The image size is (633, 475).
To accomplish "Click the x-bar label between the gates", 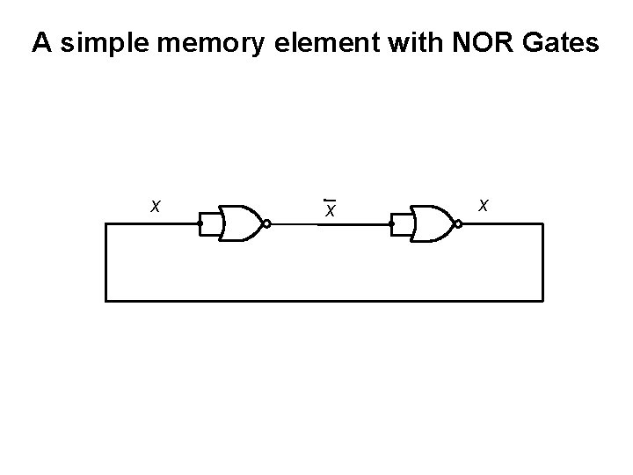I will (329, 209).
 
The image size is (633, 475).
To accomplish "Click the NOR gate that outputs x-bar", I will (240, 224).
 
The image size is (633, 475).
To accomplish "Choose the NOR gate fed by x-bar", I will (432, 224).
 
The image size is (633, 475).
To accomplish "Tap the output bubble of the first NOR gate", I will (266, 224).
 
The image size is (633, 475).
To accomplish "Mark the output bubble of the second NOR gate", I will (458, 224).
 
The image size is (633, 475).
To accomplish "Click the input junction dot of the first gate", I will (200, 224).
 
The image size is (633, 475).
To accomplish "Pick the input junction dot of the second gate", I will (392, 224).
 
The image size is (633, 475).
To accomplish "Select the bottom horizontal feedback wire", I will (325, 301).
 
